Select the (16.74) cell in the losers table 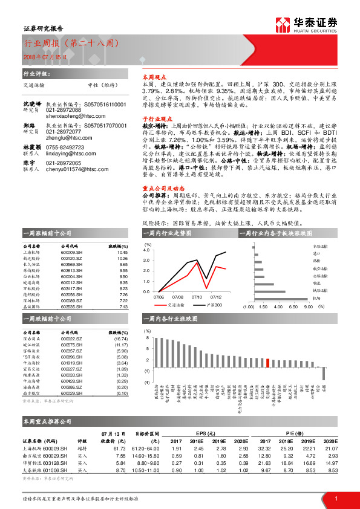[x=121, y=339]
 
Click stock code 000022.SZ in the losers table [x=71, y=339]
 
